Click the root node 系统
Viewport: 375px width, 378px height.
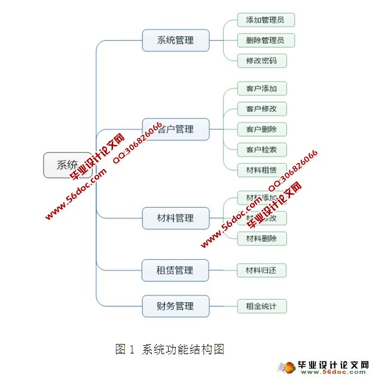coord(68,165)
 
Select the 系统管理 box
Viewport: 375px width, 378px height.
coord(176,41)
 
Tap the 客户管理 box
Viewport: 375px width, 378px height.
coord(176,129)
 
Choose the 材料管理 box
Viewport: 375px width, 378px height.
coord(176,218)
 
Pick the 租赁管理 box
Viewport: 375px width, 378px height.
coord(176,271)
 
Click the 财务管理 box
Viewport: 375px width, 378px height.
coord(176,306)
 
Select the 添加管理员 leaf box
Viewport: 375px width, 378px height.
coord(266,20)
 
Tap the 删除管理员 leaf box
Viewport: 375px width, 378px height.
coord(266,40)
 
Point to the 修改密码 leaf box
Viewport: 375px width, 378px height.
coord(261,60)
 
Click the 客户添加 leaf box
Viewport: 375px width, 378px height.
coord(261,88)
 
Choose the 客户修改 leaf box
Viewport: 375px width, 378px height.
coord(261,109)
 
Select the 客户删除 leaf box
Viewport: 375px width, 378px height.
coord(261,129)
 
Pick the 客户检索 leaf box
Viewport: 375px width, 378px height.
coord(261,149)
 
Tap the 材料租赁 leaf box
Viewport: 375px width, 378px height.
coord(261,170)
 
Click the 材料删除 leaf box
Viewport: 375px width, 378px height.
coord(261,238)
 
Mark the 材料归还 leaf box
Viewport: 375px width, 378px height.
coord(261,271)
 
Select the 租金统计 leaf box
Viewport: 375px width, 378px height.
coord(261,306)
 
